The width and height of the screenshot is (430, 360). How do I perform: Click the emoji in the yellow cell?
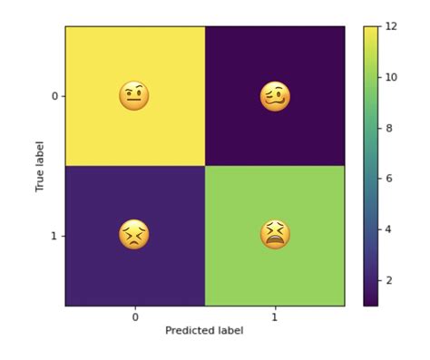[134, 95]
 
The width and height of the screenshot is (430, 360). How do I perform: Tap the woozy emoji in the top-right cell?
[275, 95]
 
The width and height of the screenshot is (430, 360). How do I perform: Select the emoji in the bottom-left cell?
[134, 236]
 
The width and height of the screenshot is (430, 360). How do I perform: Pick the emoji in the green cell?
[275, 236]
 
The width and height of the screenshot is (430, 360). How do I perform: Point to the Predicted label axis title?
[204, 331]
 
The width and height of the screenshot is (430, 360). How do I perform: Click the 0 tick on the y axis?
[54, 95]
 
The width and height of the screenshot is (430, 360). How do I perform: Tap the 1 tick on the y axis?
[54, 236]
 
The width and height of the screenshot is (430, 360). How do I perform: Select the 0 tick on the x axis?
[134, 316]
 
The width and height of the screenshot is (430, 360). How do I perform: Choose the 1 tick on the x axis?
[275, 316]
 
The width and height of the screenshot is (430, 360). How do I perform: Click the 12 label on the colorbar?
[390, 26]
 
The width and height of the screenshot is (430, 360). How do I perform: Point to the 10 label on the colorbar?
[390, 77]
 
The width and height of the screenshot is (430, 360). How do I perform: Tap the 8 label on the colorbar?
[387, 128]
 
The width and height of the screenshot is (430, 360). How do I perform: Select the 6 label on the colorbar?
[387, 179]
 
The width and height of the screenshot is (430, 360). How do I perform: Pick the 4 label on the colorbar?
[387, 229]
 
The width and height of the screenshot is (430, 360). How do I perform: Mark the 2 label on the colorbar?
[387, 280]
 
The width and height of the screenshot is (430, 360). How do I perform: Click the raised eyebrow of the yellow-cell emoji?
[141, 88]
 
